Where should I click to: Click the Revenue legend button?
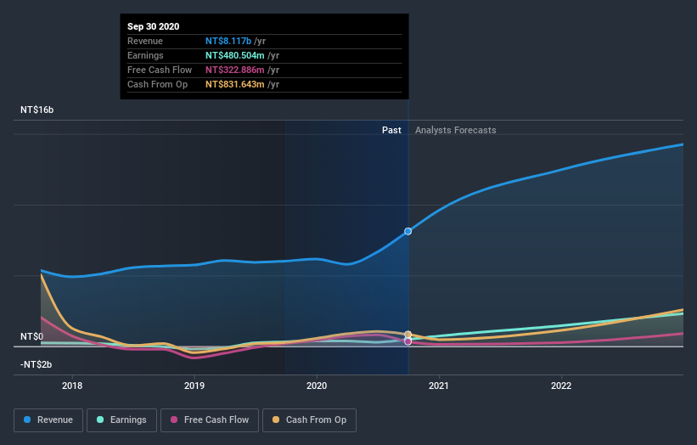click(x=48, y=420)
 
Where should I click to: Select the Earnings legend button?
click(x=121, y=420)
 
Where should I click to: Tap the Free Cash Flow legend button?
click(x=209, y=420)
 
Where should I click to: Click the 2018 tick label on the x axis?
click(x=72, y=385)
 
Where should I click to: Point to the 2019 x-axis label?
click(x=194, y=385)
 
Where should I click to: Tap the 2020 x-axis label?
click(x=317, y=385)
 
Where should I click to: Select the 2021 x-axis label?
click(x=439, y=385)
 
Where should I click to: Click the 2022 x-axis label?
click(x=561, y=385)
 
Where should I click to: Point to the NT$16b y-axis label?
click(x=37, y=110)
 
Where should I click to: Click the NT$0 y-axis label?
click(x=32, y=337)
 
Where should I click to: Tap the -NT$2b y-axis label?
click(x=37, y=364)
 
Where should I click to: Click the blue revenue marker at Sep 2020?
click(x=408, y=231)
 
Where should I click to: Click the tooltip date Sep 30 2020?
click(x=155, y=27)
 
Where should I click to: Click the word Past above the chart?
click(x=391, y=130)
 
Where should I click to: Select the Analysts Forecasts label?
click(x=456, y=130)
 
